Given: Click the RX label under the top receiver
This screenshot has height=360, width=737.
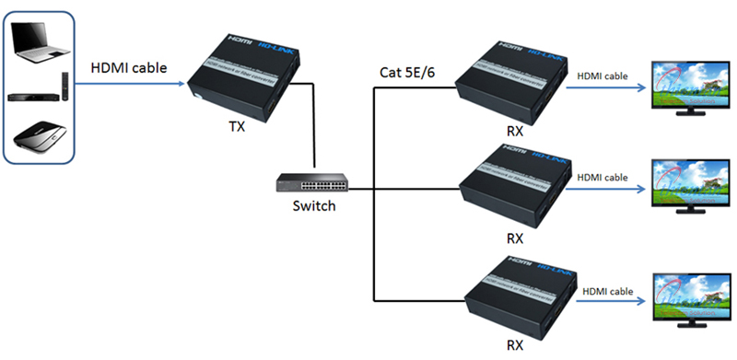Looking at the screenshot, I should [514, 131].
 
